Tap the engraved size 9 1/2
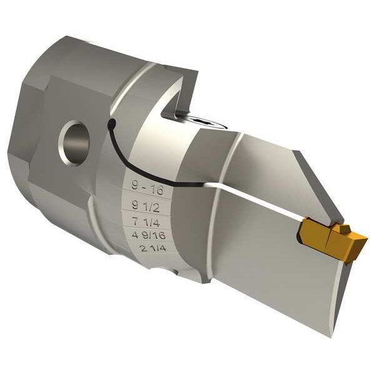coord(146,206)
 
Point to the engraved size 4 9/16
coord(149,235)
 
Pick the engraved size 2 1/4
coord(154,248)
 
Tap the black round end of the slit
coord(111,124)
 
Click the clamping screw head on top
coord(201,120)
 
